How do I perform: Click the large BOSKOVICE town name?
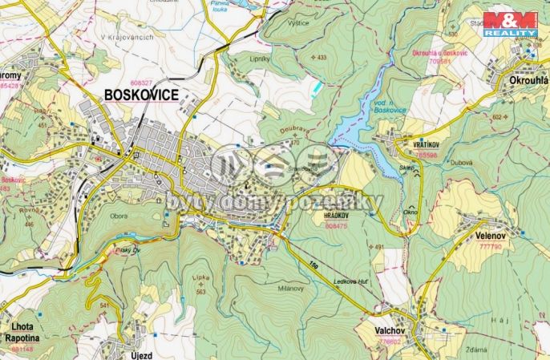141,95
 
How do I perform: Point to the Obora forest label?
118,215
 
